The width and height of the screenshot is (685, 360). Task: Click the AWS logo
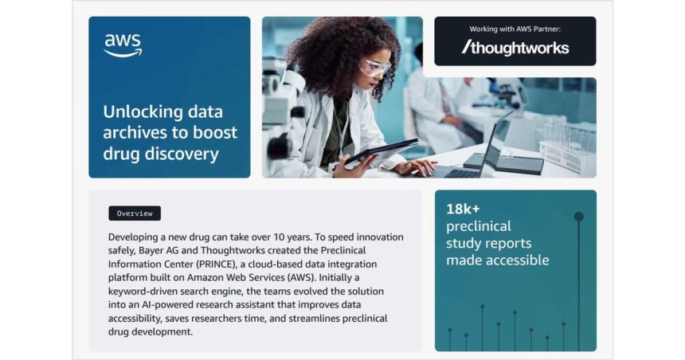pos(123,45)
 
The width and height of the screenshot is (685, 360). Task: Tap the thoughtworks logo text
pos(515,48)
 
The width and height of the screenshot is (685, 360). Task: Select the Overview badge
pos(135,213)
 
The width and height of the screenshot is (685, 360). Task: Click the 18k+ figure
pos(463,209)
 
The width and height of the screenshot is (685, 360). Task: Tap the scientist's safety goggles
pos(374,68)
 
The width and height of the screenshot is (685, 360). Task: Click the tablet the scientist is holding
pos(381,151)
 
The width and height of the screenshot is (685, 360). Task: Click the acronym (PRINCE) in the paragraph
pos(216,264)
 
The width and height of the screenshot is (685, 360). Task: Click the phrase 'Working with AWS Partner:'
pos(515,29)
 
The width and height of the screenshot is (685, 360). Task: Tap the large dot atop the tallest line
pos(579,217)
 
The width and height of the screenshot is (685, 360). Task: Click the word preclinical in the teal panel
pos(479,226)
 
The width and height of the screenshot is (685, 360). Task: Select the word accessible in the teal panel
pos(522,260)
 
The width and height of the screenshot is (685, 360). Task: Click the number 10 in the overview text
pos(279,237)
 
